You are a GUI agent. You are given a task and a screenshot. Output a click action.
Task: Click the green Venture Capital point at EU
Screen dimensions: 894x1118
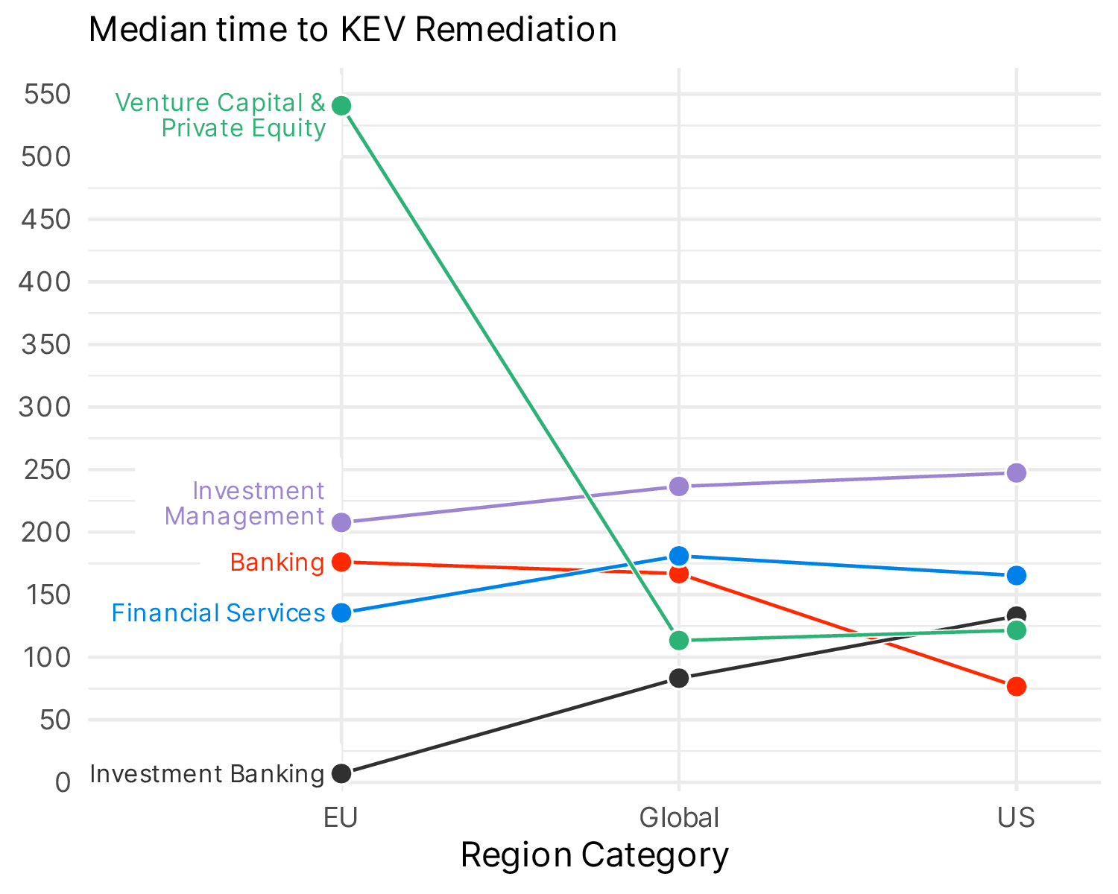coord(341,106)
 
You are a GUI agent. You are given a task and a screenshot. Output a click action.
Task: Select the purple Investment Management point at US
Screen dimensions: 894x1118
coord(1017,473)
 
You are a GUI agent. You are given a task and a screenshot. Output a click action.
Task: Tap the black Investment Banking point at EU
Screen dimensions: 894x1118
coord(341,773)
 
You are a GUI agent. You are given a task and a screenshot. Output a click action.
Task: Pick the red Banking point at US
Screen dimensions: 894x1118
coord(1017,686)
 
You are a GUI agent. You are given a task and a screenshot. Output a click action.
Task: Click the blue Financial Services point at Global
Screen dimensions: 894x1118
coord(679,556)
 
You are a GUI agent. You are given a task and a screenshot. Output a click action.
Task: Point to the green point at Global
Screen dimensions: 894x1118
coord(679,640)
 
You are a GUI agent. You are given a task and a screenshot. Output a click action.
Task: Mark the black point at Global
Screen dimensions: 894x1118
coord(679,678)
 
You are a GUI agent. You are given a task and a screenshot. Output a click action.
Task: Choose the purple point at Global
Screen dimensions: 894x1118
coord(679,486)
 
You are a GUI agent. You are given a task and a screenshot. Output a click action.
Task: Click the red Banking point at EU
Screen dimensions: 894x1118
coord(341,562)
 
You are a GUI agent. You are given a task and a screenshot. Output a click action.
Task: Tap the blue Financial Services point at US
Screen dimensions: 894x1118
coord(1017,575)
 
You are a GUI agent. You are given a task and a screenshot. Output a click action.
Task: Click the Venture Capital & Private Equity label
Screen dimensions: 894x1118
coord(221,115)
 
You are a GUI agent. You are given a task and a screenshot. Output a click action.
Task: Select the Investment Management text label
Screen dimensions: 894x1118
coord(245,504)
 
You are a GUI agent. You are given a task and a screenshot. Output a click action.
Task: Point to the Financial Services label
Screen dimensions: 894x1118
coord(218,613)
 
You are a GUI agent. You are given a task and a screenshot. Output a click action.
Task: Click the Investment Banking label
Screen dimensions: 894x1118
coord(207,774)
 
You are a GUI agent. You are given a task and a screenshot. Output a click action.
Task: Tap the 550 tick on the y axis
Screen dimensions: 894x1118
coord(47,95)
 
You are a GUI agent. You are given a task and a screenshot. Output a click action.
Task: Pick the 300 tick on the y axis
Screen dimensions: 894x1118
coord(47,408)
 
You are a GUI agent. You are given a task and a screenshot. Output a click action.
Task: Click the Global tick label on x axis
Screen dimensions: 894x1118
coord(679,818)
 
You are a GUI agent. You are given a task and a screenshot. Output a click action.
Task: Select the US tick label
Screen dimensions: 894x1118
coord(1017,818)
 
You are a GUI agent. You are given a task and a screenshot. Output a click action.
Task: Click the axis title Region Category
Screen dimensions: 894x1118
coord(594,855)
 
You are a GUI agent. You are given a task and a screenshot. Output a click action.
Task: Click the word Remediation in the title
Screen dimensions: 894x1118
coord(516,30)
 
